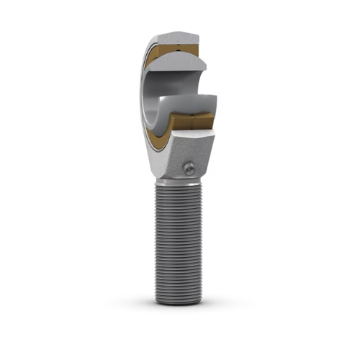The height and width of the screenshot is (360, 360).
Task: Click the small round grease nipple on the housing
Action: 189,168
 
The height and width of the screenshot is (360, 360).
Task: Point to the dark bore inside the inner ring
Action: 155,101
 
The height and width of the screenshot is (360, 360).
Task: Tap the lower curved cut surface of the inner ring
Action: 189,104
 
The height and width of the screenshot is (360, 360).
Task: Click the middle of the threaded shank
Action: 179,241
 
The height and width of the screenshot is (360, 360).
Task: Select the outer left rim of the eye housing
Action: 141,94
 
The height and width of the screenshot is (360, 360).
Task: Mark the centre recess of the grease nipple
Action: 189,168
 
